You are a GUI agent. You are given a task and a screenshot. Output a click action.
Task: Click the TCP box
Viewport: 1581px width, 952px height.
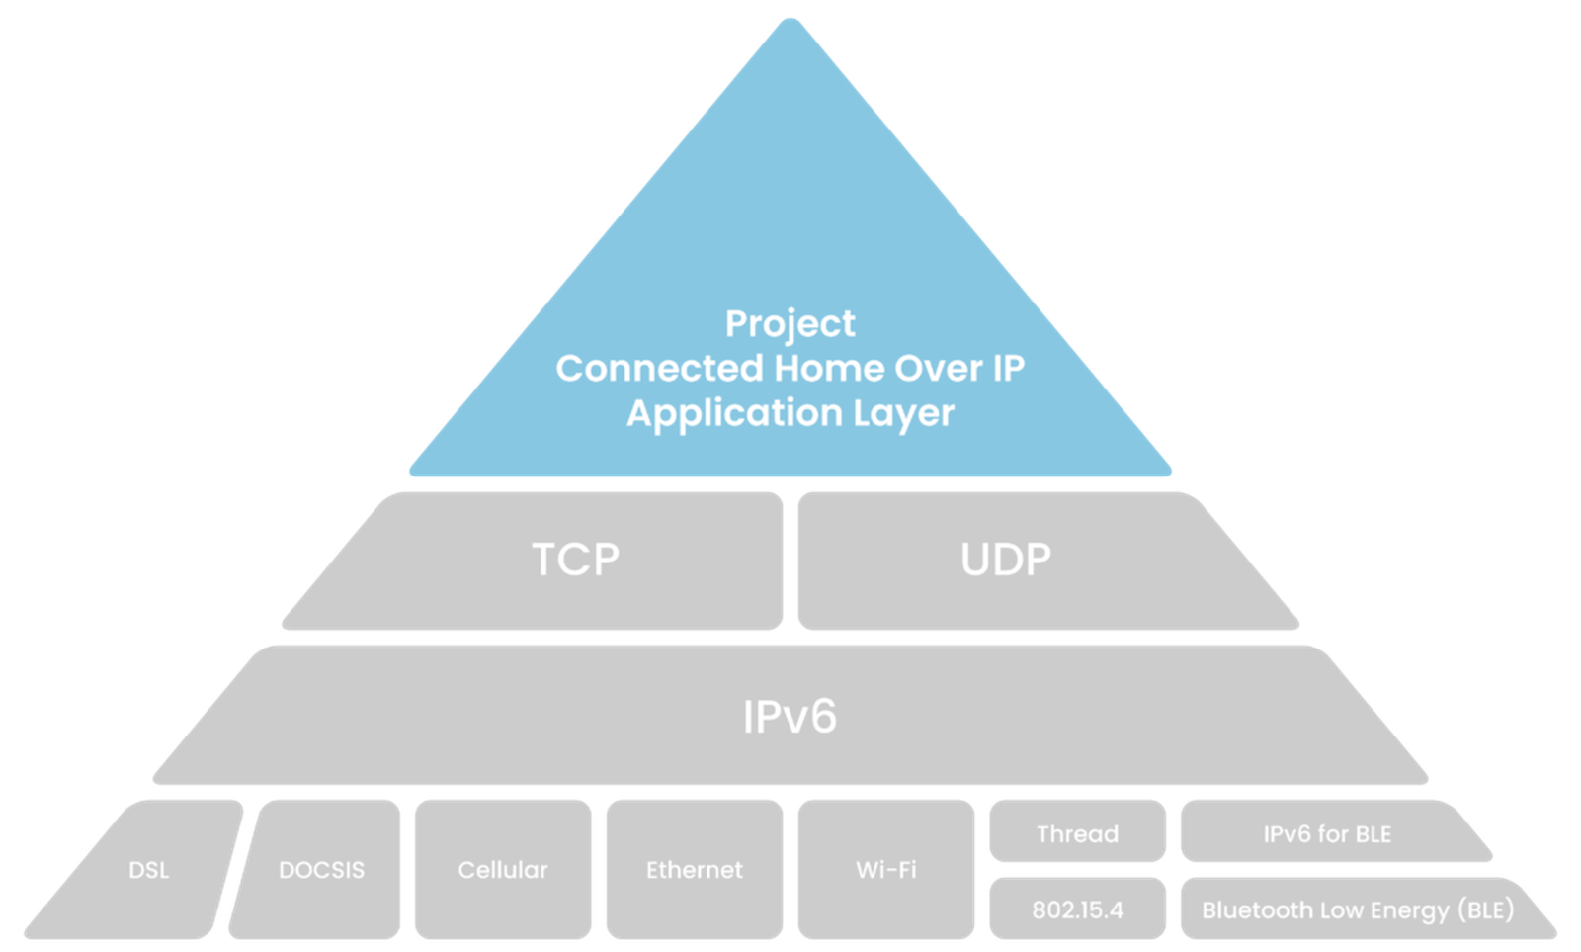(x=575, y=560)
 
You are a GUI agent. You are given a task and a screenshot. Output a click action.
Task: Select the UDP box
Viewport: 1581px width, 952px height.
(x=1006, y=560)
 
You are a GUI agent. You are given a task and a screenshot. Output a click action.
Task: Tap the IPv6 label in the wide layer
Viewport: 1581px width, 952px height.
(x=790, y=716)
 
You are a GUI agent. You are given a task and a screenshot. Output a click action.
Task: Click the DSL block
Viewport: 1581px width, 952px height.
(x=148, y=870)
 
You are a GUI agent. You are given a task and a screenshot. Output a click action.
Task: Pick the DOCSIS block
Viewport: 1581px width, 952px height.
(x=321, y=870)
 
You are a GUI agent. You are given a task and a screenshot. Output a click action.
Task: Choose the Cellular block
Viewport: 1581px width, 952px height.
(x=502, y=870)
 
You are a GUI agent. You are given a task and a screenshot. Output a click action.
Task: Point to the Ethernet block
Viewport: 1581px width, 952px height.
(x=694, y=870)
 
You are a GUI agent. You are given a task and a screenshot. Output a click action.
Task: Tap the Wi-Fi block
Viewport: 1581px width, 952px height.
(x=886, y=870)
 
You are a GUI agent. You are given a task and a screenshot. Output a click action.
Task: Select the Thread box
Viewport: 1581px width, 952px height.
(x=1077, y=833)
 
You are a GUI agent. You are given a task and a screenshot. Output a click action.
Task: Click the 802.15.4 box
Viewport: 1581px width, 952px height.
(x=1077, y=909)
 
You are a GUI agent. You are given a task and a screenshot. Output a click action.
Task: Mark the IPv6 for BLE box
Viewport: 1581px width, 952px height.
(x=1327, y=833)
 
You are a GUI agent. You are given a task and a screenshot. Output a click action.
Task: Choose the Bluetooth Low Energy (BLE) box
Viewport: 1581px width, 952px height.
(x=1357, y=909)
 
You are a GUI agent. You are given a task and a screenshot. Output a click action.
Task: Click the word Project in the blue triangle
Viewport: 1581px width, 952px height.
(x=790, y=323)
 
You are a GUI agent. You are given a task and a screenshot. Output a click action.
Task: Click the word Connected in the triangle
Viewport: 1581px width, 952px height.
(x=659, y=368)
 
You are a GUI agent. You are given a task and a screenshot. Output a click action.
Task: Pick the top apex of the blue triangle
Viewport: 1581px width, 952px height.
(x=790, y=22)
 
